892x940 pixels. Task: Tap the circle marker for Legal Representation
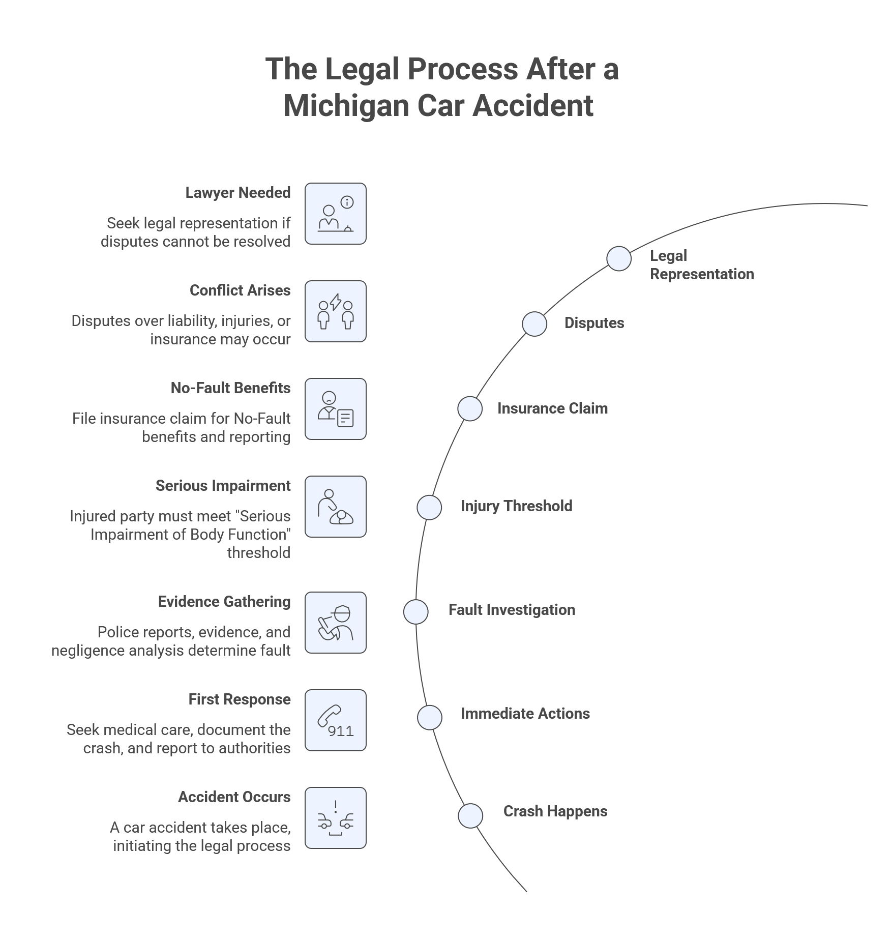(618, 258)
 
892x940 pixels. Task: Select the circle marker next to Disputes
(534, 324)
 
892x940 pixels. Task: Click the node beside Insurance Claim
(469, 408)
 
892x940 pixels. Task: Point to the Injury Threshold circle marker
(429, 507)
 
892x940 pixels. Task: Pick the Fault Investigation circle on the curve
(415, 611)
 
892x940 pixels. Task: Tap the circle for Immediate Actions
(429, 717)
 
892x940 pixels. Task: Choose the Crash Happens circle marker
(470, 815)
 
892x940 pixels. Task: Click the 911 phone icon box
(335, 720)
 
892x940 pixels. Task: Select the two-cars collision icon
(335, 817)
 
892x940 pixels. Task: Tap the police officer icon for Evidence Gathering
(335, 622)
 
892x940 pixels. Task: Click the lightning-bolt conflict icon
(335, 311)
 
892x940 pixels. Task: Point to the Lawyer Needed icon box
(335, 213)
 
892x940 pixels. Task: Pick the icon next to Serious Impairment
(335, 506)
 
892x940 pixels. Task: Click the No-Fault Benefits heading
(230, 388)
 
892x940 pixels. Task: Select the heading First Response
(239, 699)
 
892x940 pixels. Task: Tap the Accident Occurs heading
(234, 797)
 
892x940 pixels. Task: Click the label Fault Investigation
(512, 610)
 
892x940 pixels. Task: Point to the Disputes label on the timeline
(594, 323)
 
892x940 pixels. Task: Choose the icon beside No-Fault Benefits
(335, 408)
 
